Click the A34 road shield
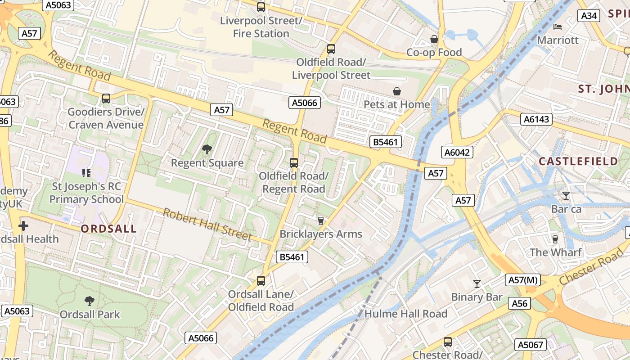click(589, 16)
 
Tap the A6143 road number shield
click(536, 119)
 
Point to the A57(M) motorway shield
click(523, 280)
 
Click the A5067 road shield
click(531, 345)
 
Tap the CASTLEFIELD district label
click(579, 162)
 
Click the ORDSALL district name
click(108, 229)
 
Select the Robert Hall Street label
click(207, 224)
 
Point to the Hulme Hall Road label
click(405, 314)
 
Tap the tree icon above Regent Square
click(207, 149)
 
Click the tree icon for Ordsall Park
click(90, 301)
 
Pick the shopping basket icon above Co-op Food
click(434, 39)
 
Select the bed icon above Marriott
click(558, 27)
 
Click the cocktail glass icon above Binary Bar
click(477, 283)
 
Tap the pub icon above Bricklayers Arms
click(321, 220)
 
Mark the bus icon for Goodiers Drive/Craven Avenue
click(106, 98)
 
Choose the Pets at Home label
click(397, 104)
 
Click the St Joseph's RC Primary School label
click(86, 193)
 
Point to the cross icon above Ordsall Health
click(23, 225)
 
